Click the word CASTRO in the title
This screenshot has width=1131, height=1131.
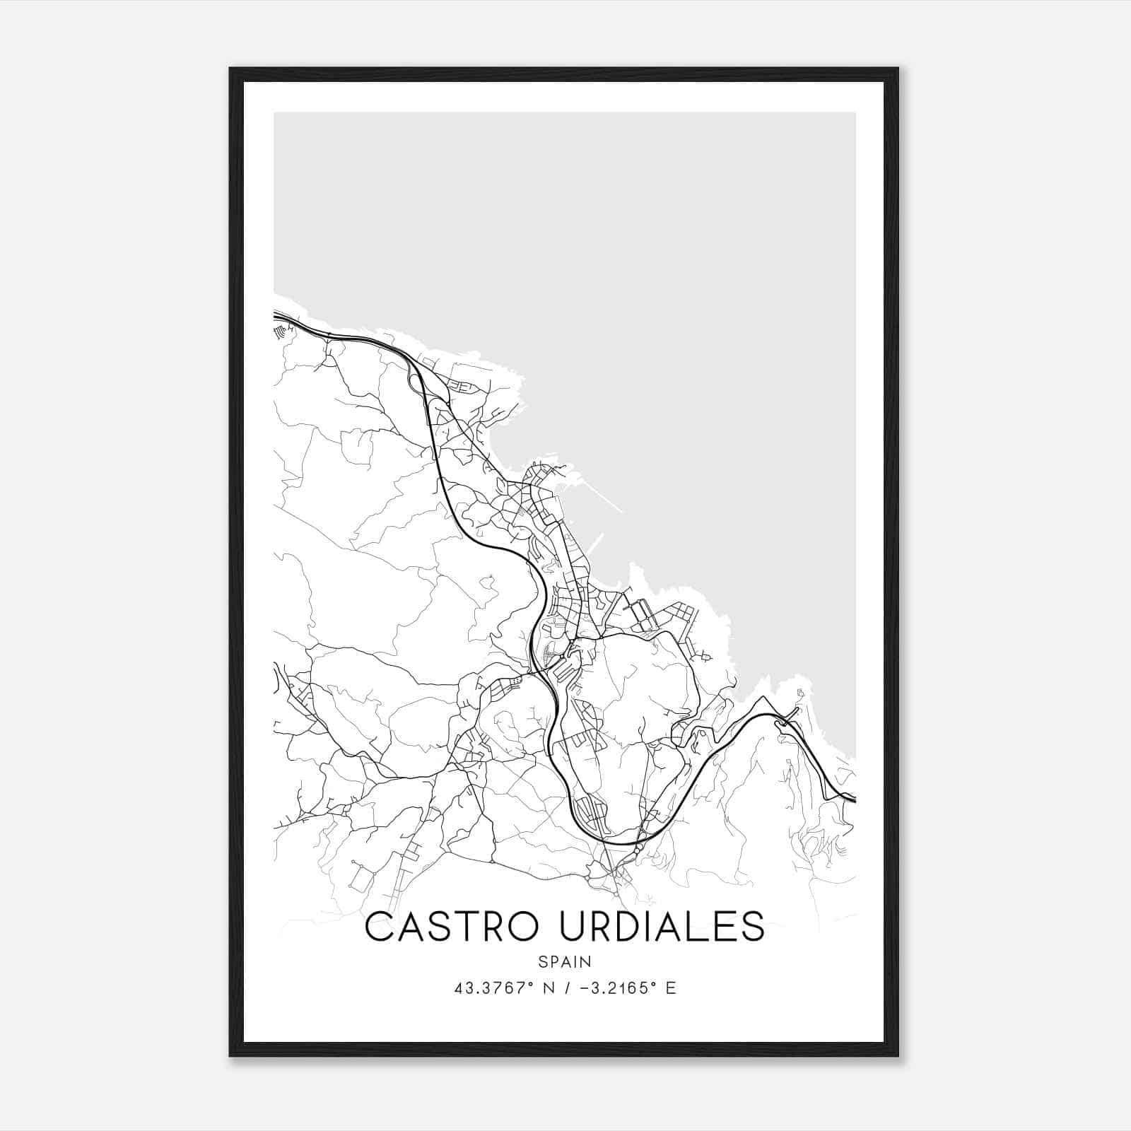click(450, 927)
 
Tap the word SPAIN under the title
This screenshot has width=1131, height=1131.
click(565, 962)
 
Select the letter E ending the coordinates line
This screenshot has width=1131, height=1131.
click(671, 988)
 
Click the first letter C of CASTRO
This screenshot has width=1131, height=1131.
click(380, 927)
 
